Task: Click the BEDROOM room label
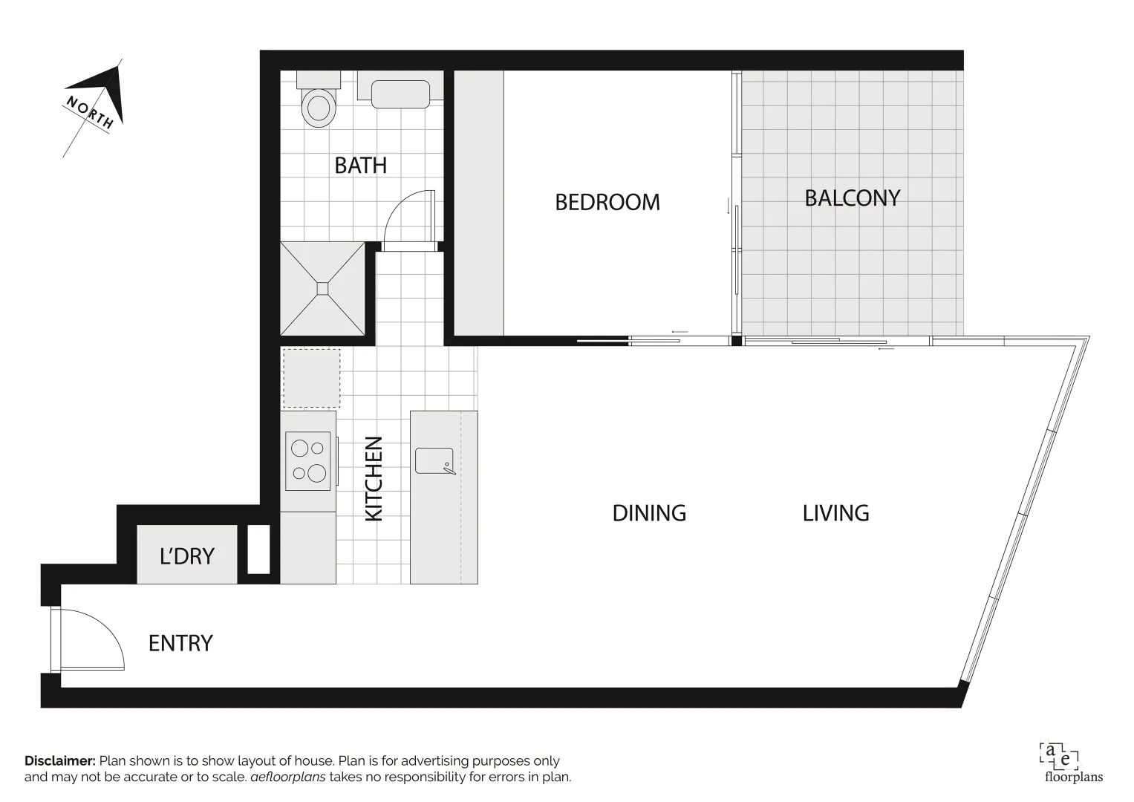(607, 202)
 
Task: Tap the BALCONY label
(852, 198)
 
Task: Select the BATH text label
(360, 165)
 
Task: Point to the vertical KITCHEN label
(374, 478)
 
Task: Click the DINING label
(648, 513)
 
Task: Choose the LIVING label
(835, 513)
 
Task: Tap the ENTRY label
(180, 643)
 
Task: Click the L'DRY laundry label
(186, 556)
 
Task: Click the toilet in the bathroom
(318, 102)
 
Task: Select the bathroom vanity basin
(400, 94)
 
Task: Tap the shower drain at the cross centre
(323, 288)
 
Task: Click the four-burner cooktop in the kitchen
(309, 460)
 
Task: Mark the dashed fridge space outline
(311, 378)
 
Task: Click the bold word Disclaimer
(60, 761)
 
